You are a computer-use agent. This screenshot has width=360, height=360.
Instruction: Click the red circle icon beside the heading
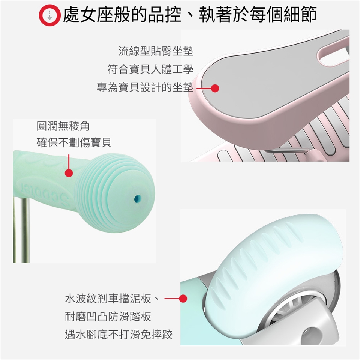pos(50,15)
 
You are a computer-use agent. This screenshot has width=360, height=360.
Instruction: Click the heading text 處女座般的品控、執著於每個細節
pos(190,15)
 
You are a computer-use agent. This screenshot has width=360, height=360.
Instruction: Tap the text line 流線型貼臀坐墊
pos(156,51)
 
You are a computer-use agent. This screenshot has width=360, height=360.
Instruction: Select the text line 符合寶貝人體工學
pos(150,69)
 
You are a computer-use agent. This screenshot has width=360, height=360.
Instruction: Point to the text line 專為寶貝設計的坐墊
pos(145,87)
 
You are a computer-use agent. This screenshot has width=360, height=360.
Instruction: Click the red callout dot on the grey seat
pos(215,88)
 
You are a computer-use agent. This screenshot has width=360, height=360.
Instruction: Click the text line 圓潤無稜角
pos(63,126)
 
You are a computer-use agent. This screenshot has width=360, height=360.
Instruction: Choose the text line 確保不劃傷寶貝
pos(74,142)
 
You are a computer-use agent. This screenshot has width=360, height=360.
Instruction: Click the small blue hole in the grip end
pos(138,198)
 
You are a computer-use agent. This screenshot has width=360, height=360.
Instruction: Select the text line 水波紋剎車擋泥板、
pos(112,299)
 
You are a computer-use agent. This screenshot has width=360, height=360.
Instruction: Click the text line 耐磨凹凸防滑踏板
pos(108,316)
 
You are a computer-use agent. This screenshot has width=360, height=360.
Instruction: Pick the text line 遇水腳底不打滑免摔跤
pos(119,334)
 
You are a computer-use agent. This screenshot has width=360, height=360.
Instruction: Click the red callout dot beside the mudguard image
pos(183,298)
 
